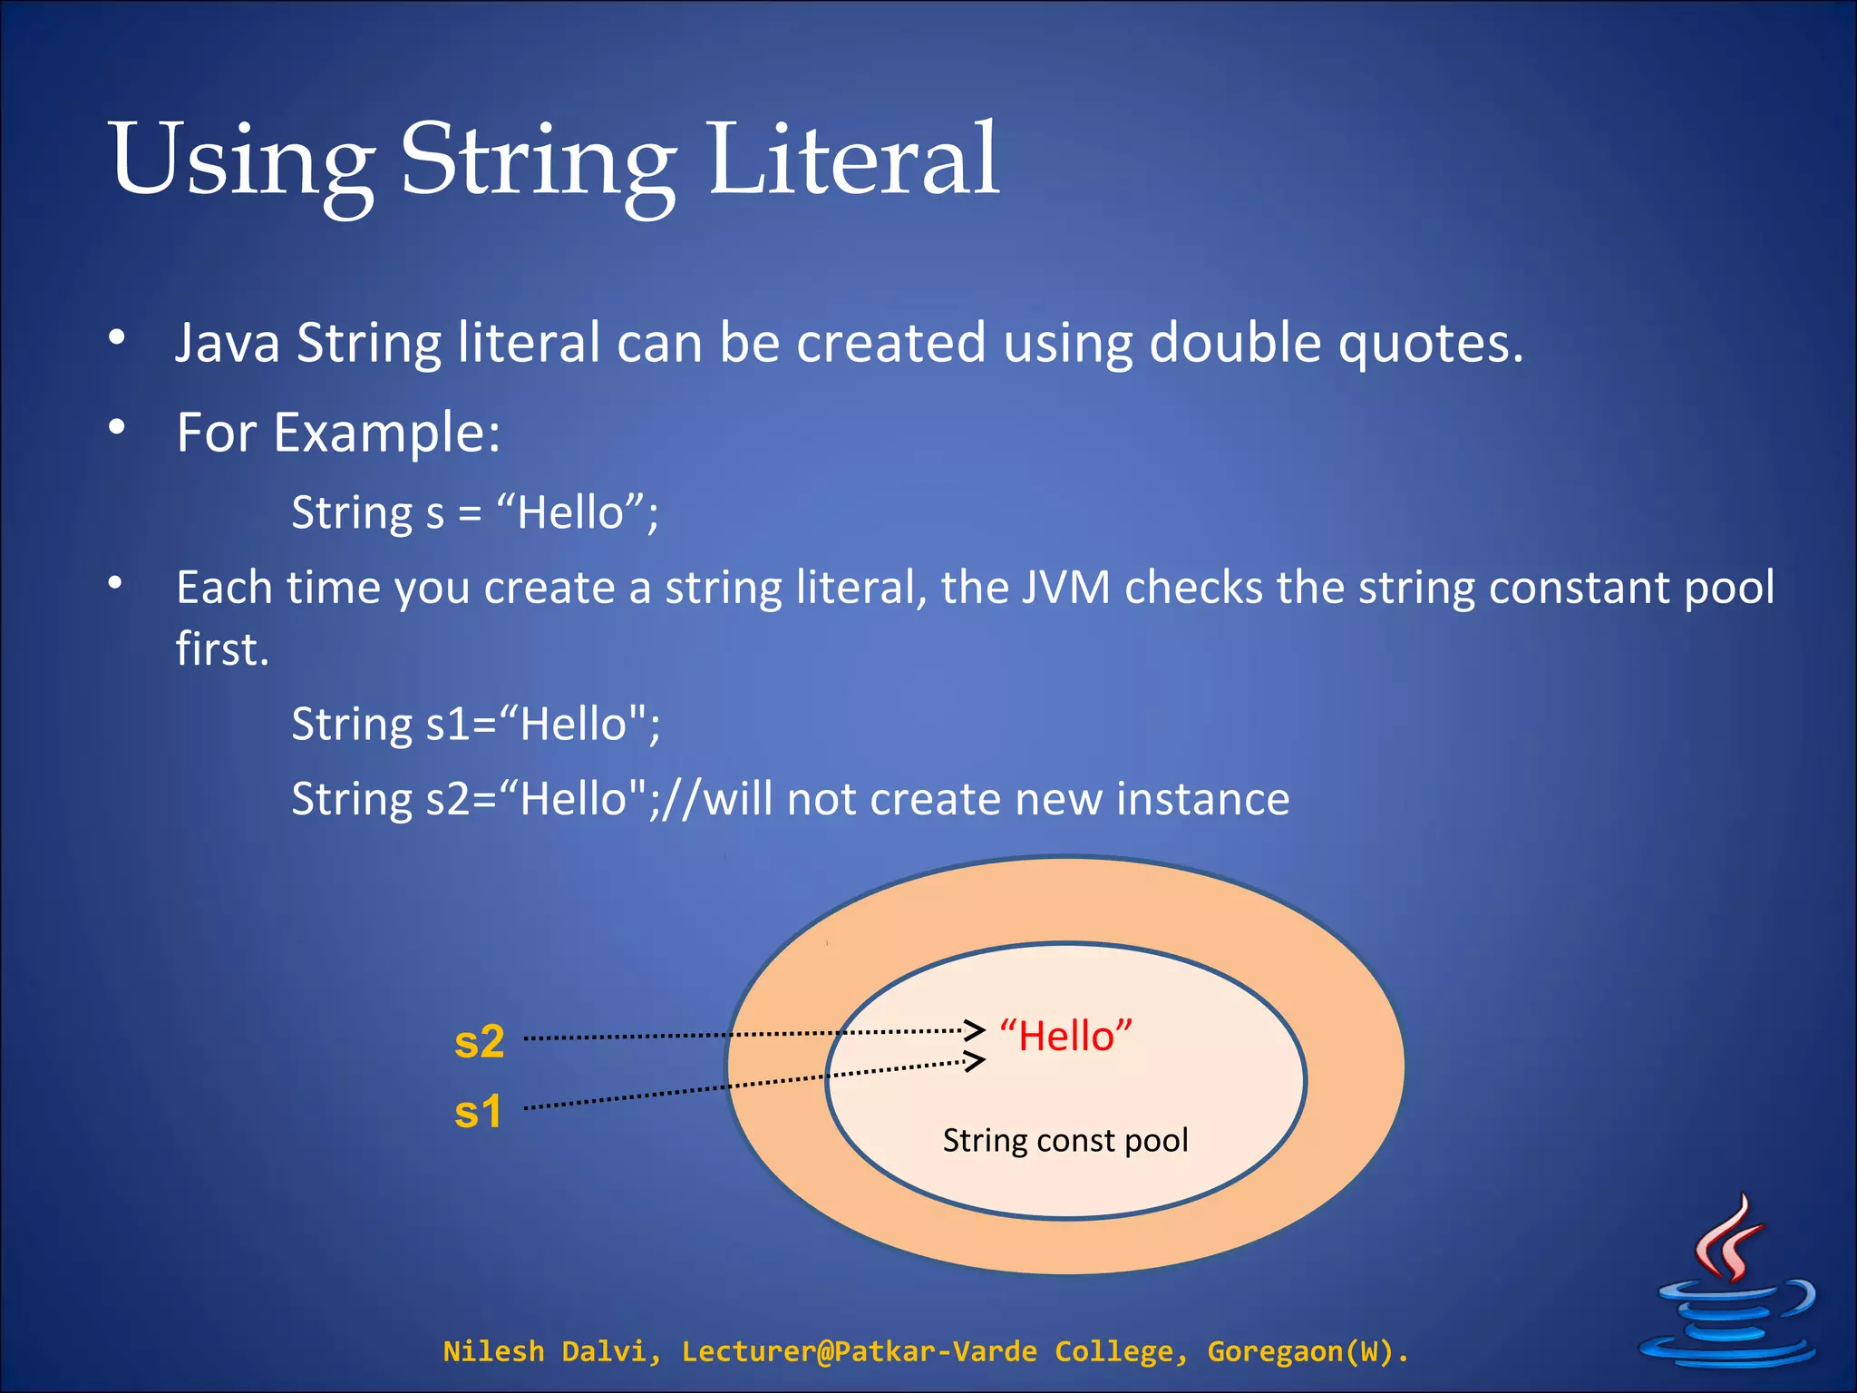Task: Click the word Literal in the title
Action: [852, 161]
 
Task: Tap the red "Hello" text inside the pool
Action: [1065, 1036]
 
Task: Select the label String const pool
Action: [1065, 1140]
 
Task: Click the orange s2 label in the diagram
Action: [479, 1041]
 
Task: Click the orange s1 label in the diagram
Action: [478, 1112]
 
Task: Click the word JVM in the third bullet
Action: [1065, 588]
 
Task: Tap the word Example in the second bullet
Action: [385, 433]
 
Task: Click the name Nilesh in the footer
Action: [493, 1351]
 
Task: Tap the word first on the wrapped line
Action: [221, 649]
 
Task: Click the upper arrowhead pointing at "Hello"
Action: [975, 1029]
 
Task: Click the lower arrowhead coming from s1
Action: [975, 1060]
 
